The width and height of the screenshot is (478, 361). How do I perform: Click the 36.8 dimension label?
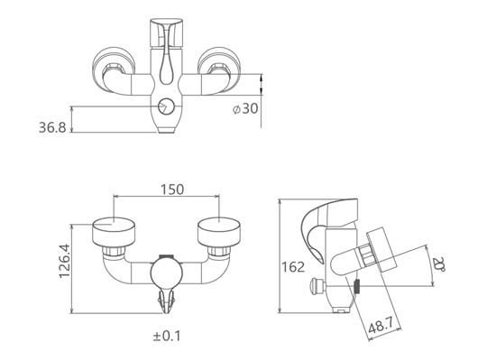(x=52, y=127)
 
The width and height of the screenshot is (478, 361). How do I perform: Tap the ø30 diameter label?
(x=245, y=108)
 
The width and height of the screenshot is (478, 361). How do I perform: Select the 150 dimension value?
(x=172, y=190)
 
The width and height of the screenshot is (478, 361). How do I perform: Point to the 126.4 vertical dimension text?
(x=65, y=261)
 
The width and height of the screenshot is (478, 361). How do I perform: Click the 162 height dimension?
(x=293, y=267)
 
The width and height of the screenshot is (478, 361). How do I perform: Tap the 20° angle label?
(x=439, y=264)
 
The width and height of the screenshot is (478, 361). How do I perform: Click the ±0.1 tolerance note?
(x=167, y=336)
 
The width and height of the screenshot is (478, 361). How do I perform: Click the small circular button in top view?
(x=166, y=106)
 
